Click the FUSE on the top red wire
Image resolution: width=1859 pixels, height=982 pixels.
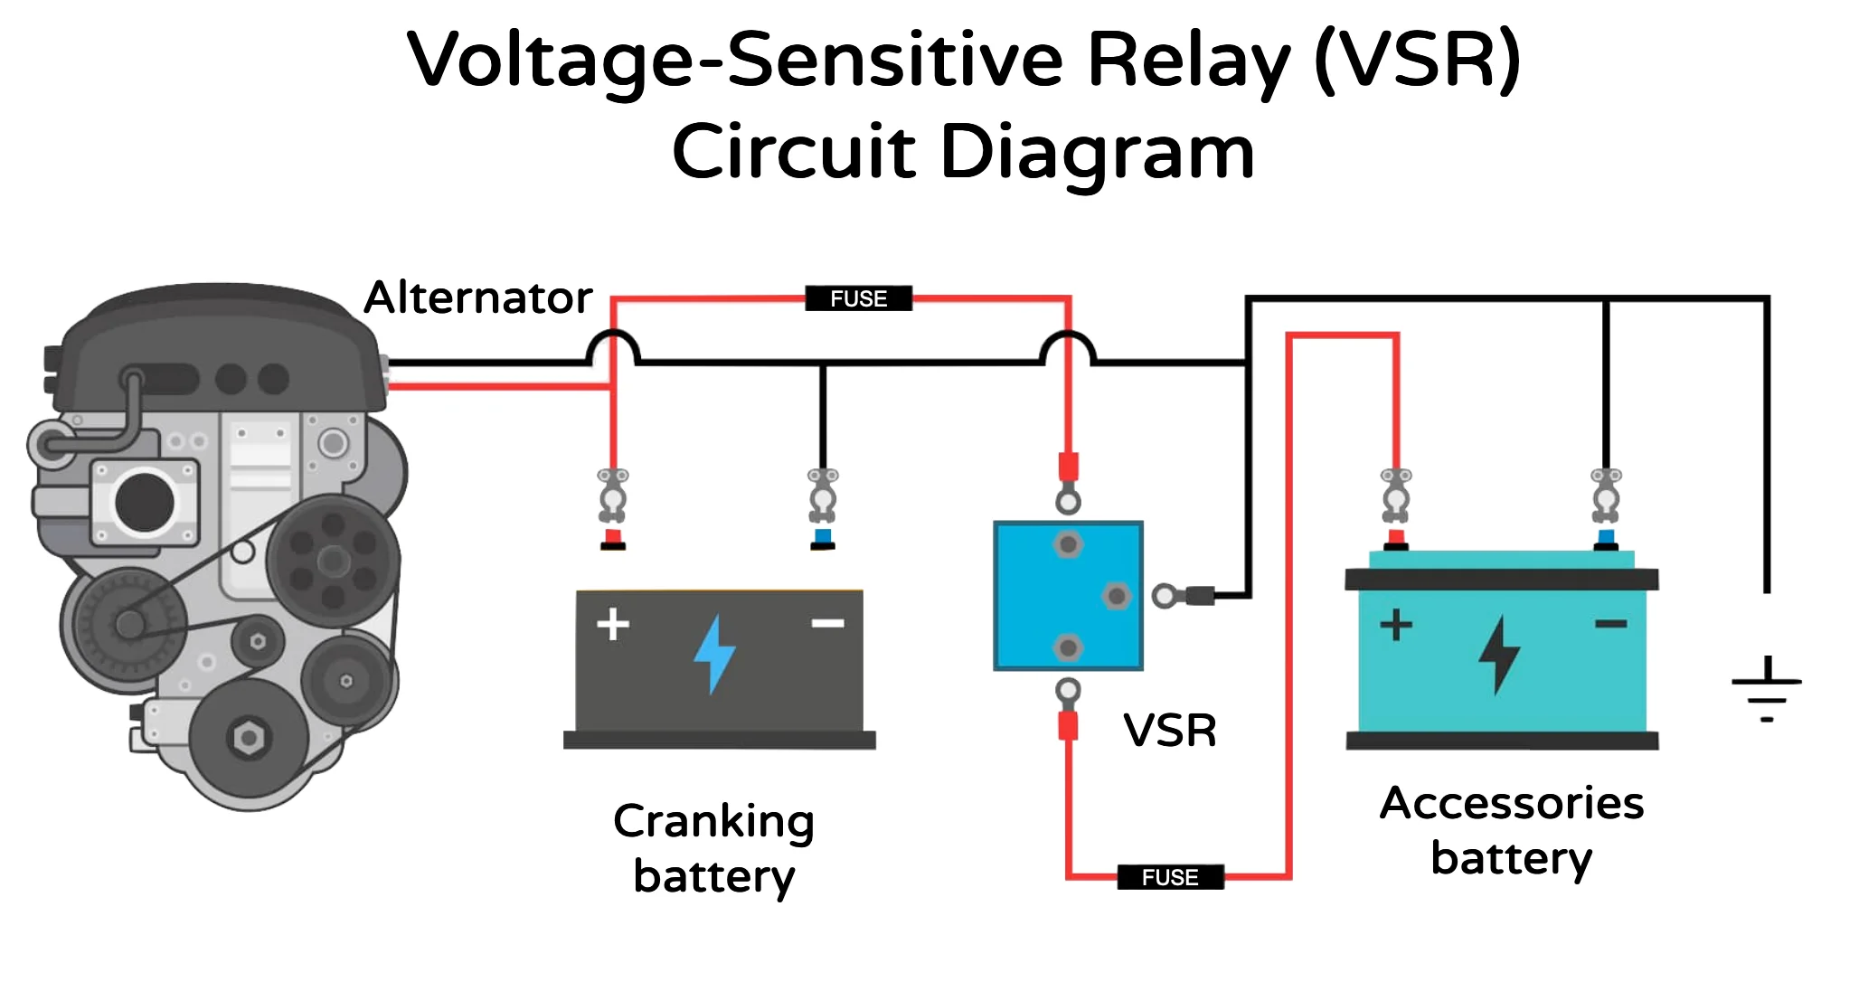click(x=858, y=298)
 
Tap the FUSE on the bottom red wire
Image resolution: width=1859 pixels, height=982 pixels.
click(x=1170, y=877)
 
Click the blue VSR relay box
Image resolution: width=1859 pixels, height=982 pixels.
click(x=1068, y=596)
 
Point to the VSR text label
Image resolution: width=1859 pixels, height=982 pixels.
click(x=1169, y=731)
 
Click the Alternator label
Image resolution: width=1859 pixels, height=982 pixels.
click(x=477, y=297)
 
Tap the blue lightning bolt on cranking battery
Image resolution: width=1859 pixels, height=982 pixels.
click(x=714, y=654)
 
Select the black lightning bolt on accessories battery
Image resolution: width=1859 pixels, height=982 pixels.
click(x=1499, y=655)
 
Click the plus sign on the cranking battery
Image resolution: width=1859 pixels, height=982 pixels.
click(x=613, y=624)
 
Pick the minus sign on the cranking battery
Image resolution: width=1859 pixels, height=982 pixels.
click(x=827, y=623)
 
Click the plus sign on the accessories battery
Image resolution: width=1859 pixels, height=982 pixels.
click(x=1396, y=625)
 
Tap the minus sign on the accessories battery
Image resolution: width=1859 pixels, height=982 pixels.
click(x=1610, y=624)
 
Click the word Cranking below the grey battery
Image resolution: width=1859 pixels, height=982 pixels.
click(x=713, y=822)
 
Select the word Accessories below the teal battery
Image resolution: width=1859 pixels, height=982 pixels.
click(x=1511, y=803)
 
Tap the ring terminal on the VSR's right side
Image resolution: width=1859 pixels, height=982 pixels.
click(x=1165, y=596)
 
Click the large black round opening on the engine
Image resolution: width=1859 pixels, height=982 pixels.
click(x=145, y=502)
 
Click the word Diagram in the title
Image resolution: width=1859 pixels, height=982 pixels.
click(x=1097, y=152)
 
